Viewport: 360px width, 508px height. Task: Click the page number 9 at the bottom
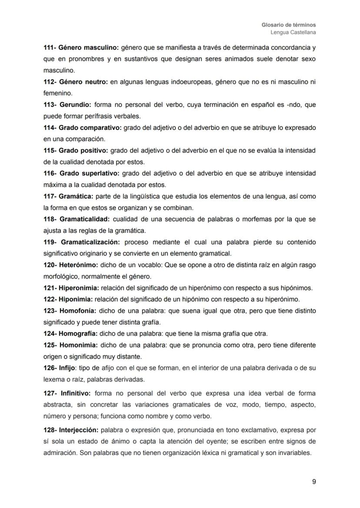click(314, 481)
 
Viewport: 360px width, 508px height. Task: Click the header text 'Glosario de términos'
click(289, 25)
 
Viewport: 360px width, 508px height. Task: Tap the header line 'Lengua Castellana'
click(293, 32)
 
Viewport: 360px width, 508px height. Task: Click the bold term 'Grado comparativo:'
click(90, 128)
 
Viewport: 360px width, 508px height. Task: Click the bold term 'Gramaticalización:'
click(90, 242)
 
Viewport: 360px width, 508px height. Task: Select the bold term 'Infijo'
click(66, 368)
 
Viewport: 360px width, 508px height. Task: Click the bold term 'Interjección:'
click(78, 430)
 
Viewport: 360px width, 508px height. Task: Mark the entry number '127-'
click(50, 393)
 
